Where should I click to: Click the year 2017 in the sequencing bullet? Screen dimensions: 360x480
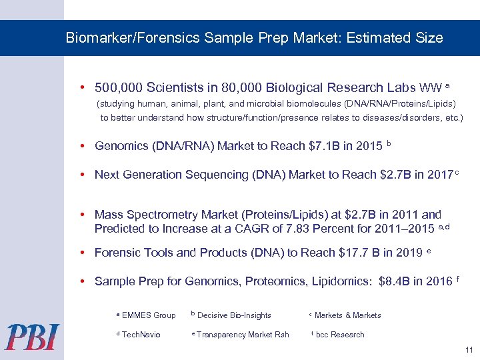point(435,175)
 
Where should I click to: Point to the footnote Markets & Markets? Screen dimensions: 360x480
point(347,315)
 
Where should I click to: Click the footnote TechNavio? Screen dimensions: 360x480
point(141,335)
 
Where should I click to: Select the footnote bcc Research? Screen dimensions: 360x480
point(340,335)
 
